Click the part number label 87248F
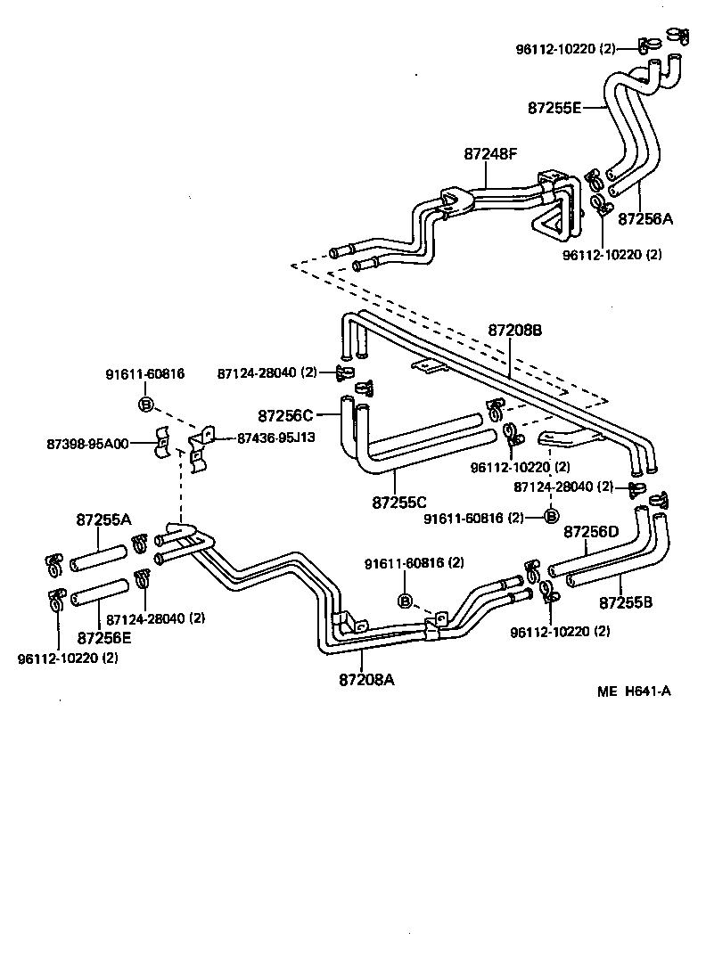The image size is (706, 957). (x=489, y=153)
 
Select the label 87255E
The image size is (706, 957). (x=554, y=108)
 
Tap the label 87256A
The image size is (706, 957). (x=645, y=218)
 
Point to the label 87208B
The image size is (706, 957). (x=515, y=331)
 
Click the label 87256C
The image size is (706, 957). (x=285, y=415)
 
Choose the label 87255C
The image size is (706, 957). (x=399, y=503)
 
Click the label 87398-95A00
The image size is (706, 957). (x=87, y=444)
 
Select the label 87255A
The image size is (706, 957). (x=103, y=519)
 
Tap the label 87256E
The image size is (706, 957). (x=103, y=638)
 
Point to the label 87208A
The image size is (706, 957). (x=366, y=679)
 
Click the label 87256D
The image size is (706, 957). (x=591, y=532)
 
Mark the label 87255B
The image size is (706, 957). (x=626, y=602)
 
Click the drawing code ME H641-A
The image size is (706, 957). (x=634, y=691)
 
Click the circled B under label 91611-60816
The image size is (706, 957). (x=146, y=404)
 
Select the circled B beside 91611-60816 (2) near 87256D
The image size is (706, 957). (x=551, y=516)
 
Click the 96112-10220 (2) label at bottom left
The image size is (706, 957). (x=68, y=658)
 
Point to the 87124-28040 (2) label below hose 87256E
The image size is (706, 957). (x=156, y=618)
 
